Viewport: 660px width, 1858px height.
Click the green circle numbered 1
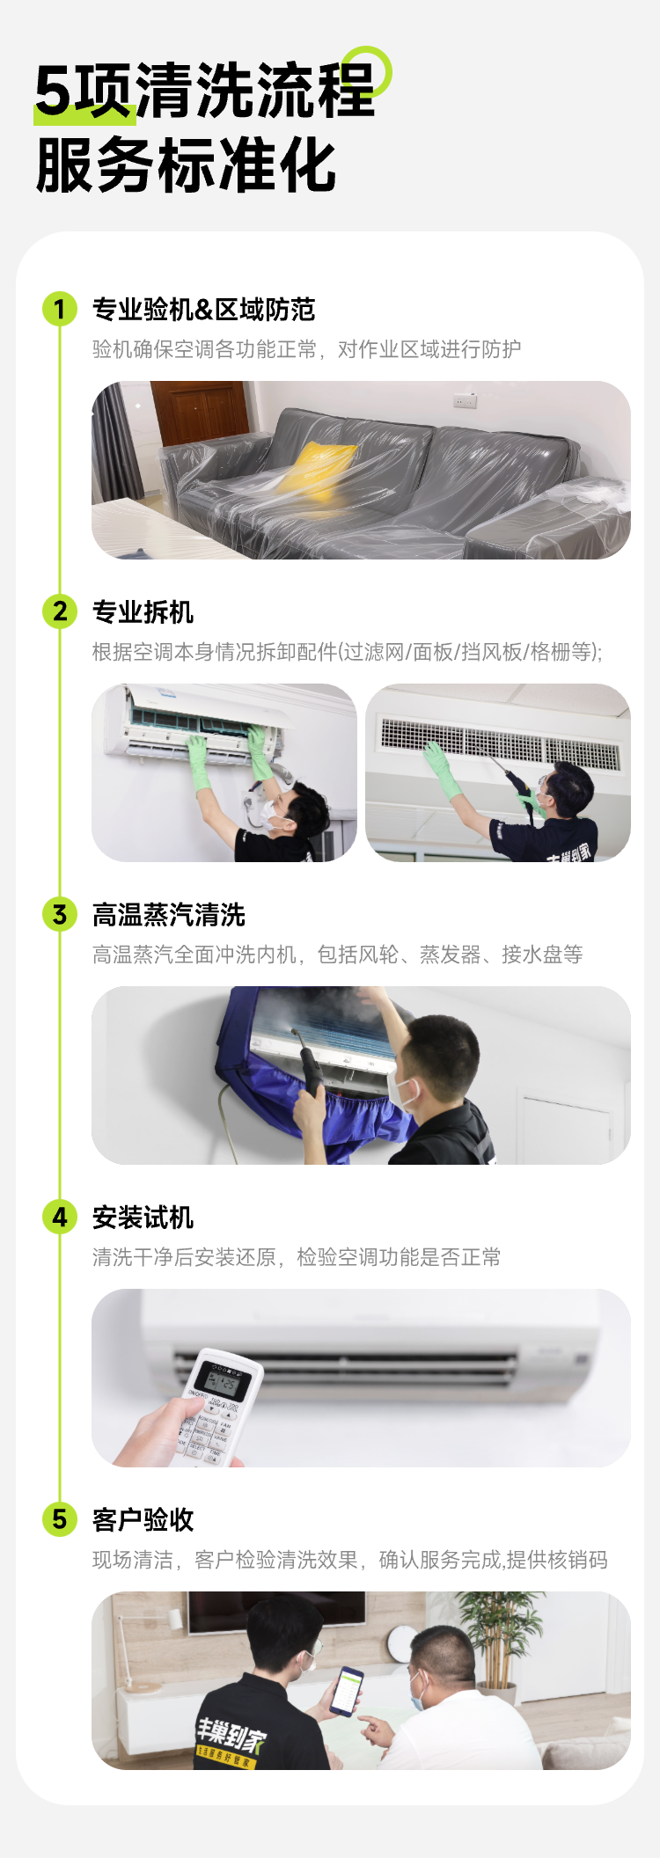[60, 309]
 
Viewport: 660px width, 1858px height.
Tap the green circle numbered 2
[60, 611]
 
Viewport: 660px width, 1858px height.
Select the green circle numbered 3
[60, 914]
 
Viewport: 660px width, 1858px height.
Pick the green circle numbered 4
[60, 1217]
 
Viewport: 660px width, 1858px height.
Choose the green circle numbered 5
[60, 1519]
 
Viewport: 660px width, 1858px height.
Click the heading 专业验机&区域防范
[204, 310]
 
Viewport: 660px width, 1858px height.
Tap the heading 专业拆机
[143, 612]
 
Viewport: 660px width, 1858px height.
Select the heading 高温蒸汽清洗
[169, 915]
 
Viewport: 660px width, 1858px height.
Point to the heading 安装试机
[143, 1218]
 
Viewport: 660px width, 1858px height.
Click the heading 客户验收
[143, 1520]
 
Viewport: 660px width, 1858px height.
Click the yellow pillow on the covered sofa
[318, 470]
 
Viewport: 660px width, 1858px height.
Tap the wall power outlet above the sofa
[465, 402]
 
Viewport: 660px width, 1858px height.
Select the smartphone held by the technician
[347, 1690]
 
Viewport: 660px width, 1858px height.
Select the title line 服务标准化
[186, 165]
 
